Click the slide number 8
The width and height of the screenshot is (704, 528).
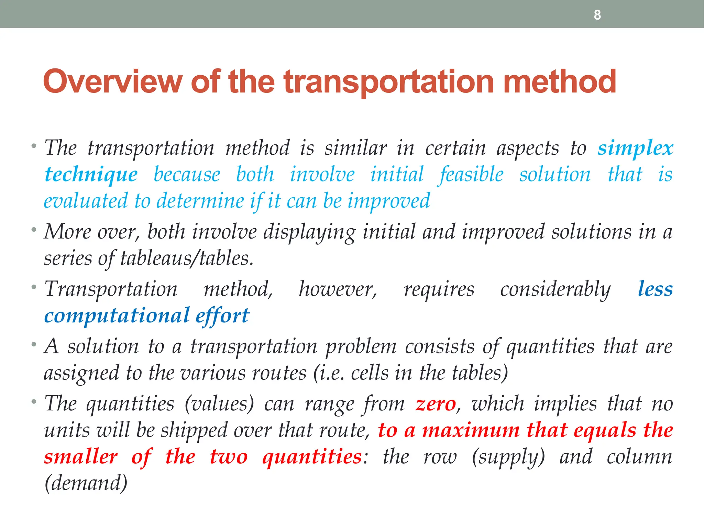pyautogui.click(x=597, y=15)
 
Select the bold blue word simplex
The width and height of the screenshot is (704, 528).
pyautogui.click(x=635, y=149)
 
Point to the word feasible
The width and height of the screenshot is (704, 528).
pyautogui.click(x=472, y=175)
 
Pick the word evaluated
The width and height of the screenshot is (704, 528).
pyautogui.click(x=85, y=201)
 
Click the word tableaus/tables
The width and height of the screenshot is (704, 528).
pyautogui.click(x=187, y=258)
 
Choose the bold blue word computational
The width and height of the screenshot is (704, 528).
pyautogui.click(x=117, y=316)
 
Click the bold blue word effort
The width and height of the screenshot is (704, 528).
pyautogui.click(x=222, y=316)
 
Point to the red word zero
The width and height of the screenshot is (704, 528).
pyautogui.click(x=436, y=404)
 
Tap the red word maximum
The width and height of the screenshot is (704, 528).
pyautogui.click(x=471, y=430)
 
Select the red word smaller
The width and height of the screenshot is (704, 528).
pyautogui.click(x=81, y=457)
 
